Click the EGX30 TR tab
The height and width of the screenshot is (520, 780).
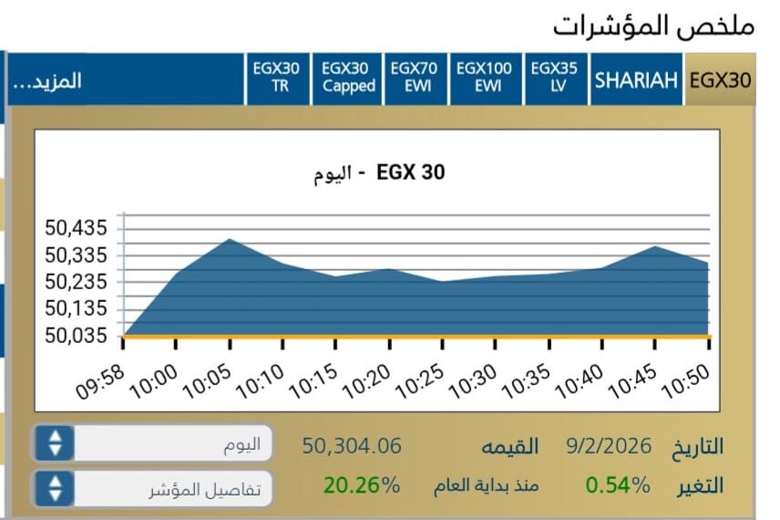point(280,78)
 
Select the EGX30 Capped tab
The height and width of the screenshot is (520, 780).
point(348,78)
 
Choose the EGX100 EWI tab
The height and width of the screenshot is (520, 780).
point(484,78)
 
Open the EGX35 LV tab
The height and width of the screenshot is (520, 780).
point(554,78)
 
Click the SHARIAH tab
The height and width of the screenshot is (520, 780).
point(636,79)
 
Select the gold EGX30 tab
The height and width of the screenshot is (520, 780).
point(720,79)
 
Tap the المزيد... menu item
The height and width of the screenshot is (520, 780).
point(46,80)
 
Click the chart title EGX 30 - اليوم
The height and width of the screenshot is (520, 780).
point(379,172)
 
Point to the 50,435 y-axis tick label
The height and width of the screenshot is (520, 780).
point(77,227)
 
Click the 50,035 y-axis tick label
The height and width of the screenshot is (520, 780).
point(77,336)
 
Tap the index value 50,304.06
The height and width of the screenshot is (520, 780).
point(352,446)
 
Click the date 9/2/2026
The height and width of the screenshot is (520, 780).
point(609,446)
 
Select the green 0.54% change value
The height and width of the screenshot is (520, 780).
point(618,485)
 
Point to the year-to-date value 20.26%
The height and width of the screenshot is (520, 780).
point(362,485)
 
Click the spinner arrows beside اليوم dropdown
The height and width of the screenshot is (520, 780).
point(56,443)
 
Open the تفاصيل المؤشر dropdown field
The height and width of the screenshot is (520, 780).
point(169,489)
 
